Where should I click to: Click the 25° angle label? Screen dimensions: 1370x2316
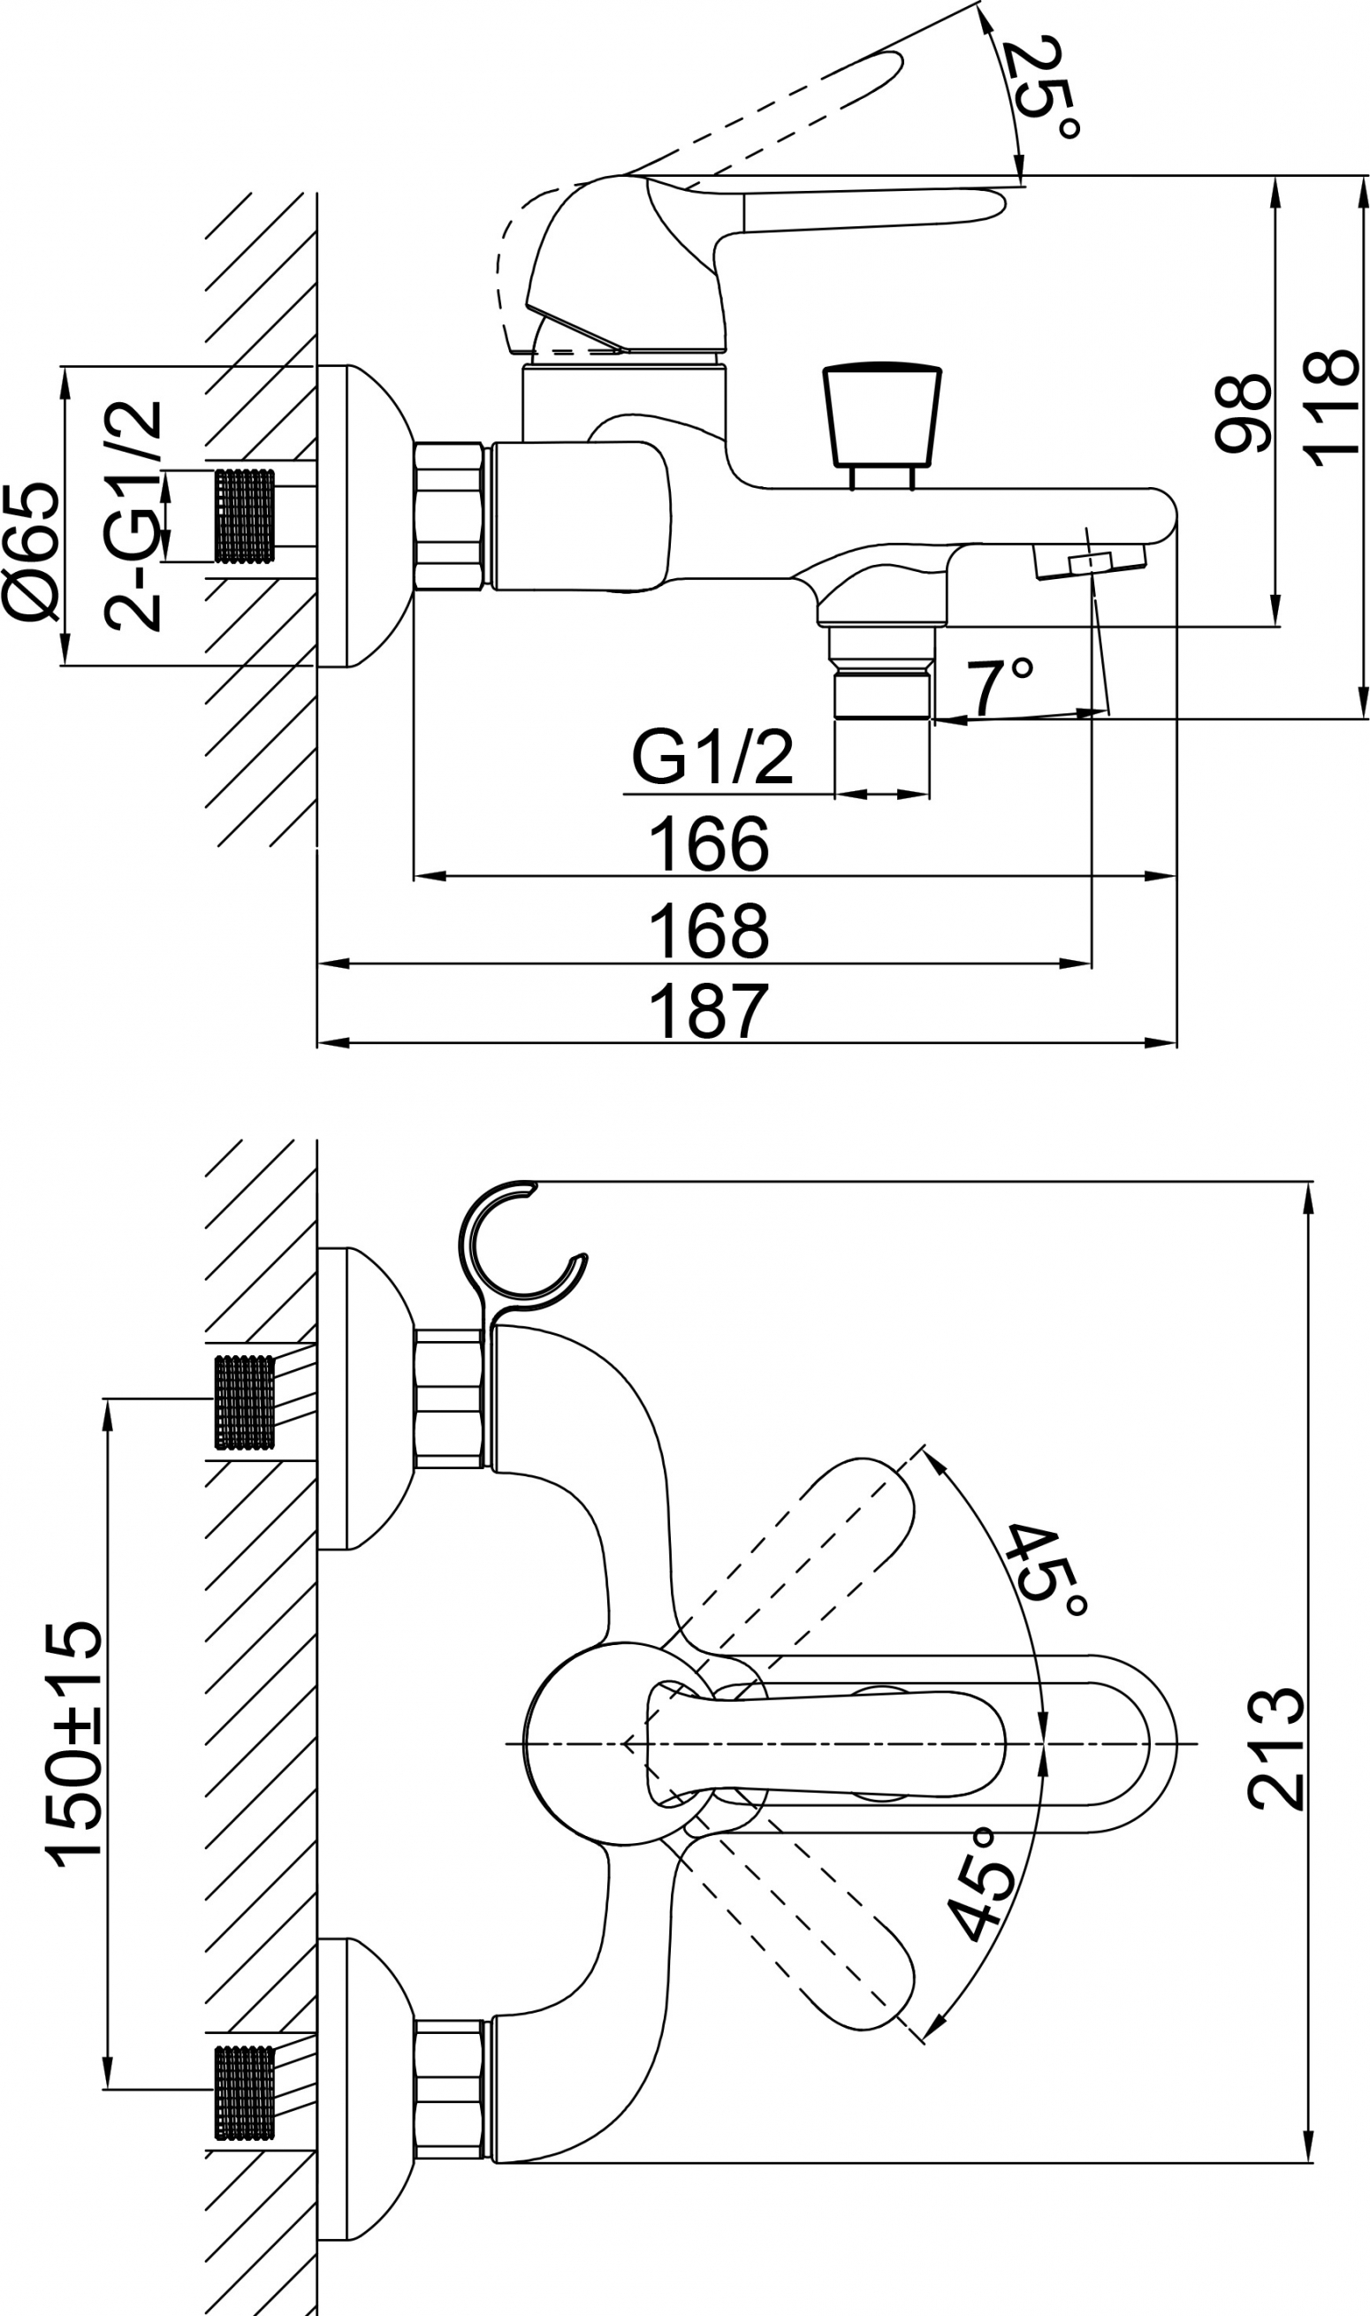(1047, 88)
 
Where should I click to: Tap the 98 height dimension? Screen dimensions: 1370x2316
(1243, 413)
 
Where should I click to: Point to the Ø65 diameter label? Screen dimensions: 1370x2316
(30, 550)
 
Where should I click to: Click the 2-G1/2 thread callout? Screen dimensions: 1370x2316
(133, 516)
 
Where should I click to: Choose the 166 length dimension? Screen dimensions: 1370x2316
(708, 842)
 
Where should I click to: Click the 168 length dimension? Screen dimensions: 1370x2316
(708, 931)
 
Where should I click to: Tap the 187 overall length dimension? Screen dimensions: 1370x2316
(708, 1010)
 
